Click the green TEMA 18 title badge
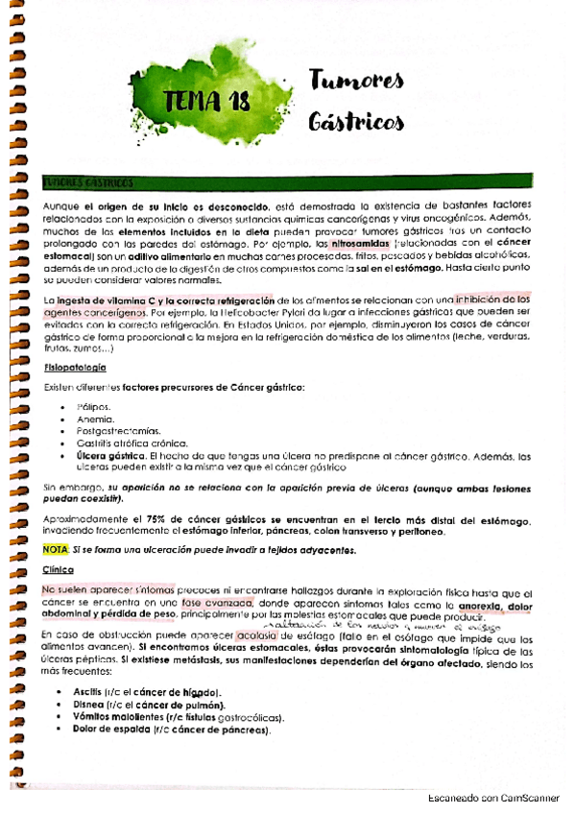pyautogui.click(x=205, y=99)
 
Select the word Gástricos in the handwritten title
pyautogui.click(x=356, y=123)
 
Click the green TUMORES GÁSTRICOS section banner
pyautogui.click(x=87, y=181)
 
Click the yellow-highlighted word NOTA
pyautogui.click(x=55, y=550)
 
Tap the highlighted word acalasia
pyautogui.click(x=257, y=636)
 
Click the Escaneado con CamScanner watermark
pyautogui.click(x=498, y=798)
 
